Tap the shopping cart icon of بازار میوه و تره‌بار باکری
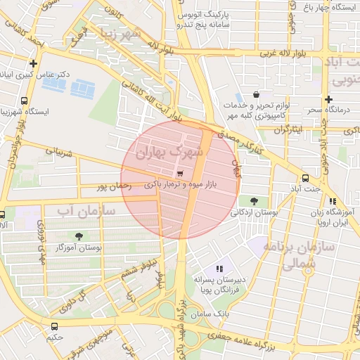[x=181, y=174]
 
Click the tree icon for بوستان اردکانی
[x=253, y=200]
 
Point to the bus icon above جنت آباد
[x=304, y=178]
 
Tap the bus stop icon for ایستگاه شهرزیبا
[x=25, y=100]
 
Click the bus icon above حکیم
[x=54, y=326]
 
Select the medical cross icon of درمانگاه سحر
[x=328, y=99]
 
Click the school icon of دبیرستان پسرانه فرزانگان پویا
[x=219, y=268]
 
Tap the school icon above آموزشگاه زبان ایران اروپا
[x=312, y=201]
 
